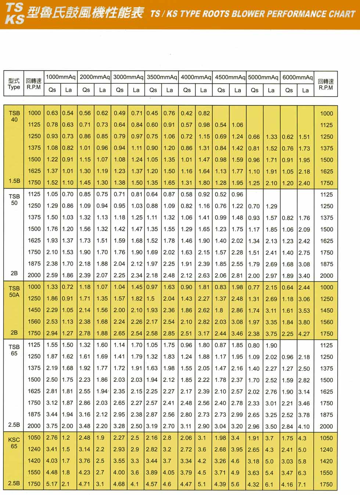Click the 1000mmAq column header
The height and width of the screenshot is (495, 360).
click(61, 77)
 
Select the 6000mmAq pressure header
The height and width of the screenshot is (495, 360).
click(298, 77)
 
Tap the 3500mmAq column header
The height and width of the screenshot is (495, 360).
click(162, 77)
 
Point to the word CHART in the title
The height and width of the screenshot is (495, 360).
click(342, 14)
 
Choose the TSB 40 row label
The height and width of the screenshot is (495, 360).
click(14, 116)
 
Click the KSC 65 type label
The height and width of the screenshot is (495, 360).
click(14, 443)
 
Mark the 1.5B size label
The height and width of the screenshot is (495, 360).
click(14, 181)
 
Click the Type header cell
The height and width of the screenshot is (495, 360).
click(14, 84)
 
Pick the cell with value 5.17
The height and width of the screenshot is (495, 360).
click(52, 484)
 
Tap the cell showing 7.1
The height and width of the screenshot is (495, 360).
click(302, 484)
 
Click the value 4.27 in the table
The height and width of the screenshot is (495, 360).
click(304, 334)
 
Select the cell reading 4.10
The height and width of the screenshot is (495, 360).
click(304, 427)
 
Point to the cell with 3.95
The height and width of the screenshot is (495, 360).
click(237, 449)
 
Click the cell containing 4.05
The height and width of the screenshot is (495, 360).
click(169, 473)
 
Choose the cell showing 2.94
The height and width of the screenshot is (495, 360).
click(52, 333)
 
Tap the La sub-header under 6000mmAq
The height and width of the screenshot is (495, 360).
click(305, 90)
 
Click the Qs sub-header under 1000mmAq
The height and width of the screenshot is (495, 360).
click(53, 90)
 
